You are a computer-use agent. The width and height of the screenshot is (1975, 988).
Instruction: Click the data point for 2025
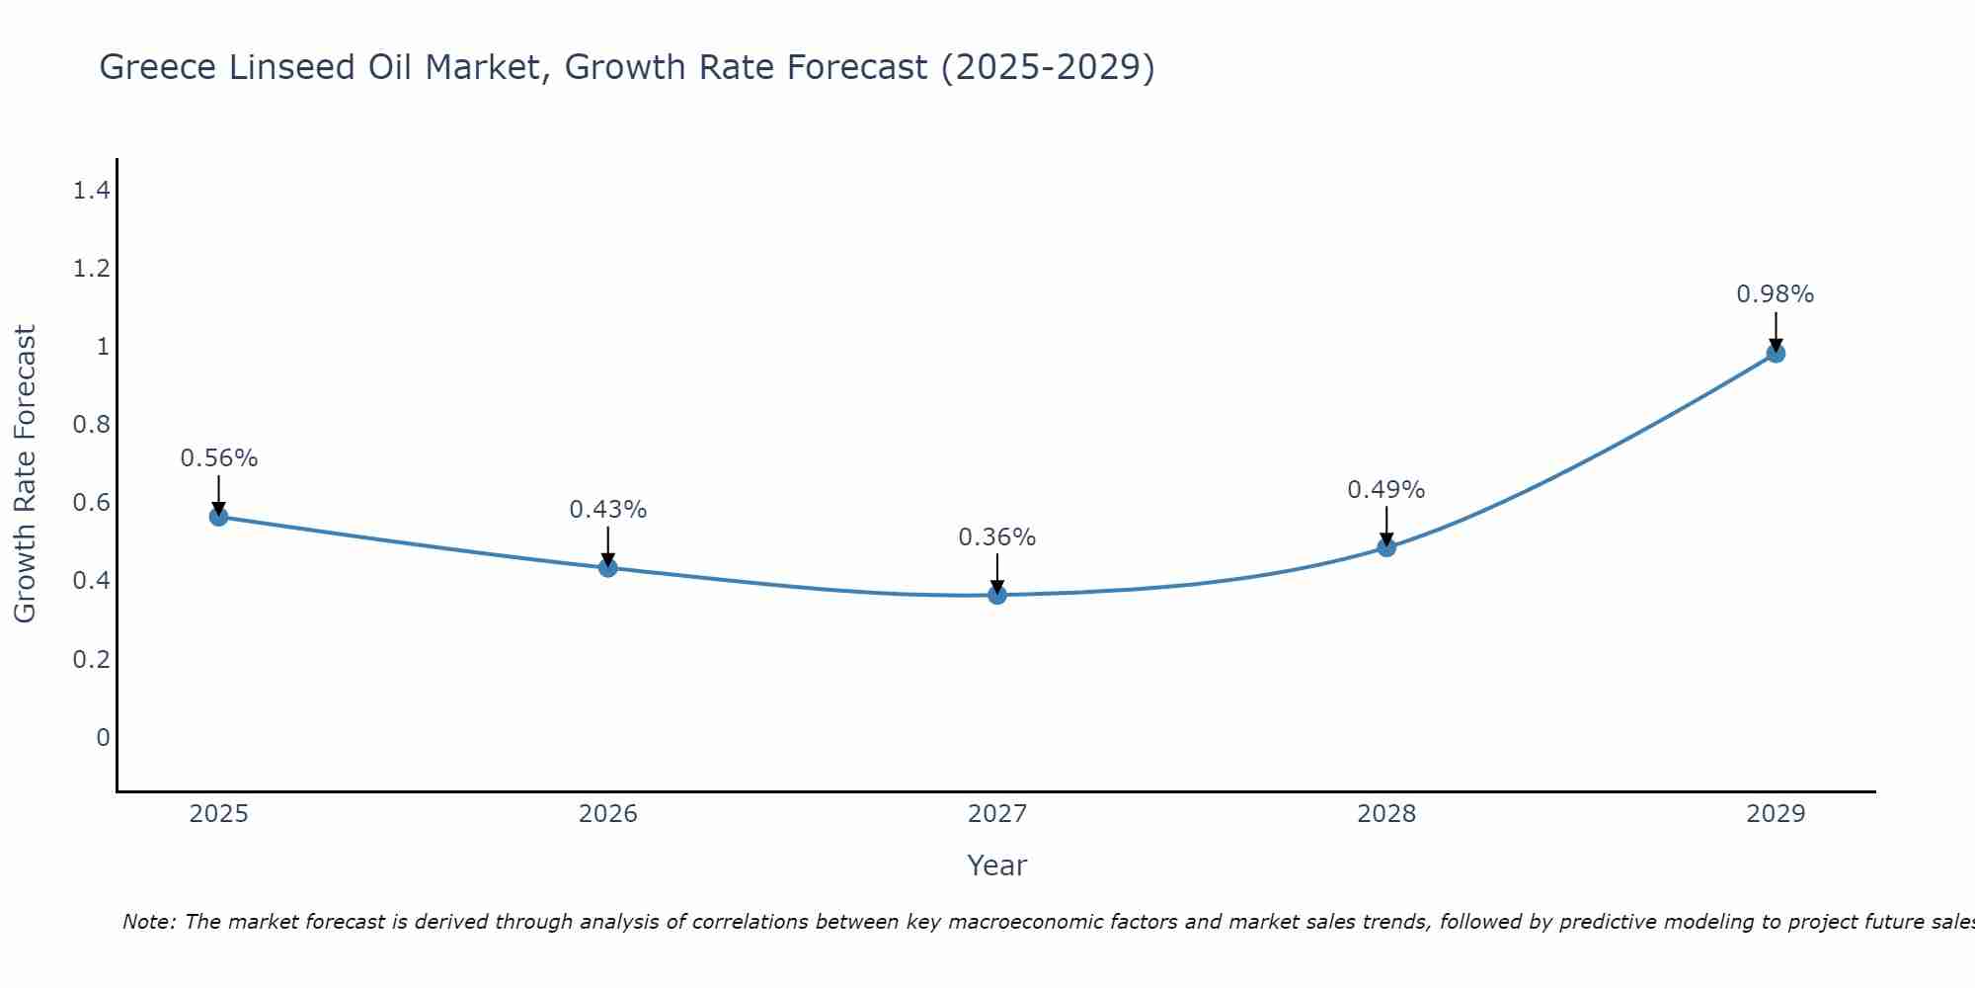(x=219, y=517)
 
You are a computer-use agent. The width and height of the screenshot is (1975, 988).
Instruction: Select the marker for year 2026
(x=608, y=567)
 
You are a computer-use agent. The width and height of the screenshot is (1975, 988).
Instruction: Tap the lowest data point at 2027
(x=997, y=595)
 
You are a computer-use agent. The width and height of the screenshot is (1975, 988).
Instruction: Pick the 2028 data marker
(x=1386, y=546)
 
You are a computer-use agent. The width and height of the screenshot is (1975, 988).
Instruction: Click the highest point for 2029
(x=1776, y=353)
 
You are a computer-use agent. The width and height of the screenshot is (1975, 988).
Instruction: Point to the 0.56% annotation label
(x=219, y=458)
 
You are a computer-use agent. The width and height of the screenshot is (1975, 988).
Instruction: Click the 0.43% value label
(x=608, y=510)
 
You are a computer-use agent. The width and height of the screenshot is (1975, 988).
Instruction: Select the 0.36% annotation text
(x=997, y=537)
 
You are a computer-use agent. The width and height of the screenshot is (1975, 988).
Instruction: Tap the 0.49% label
(x=1386, y=490)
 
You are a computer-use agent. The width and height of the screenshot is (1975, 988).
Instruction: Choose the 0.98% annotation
(x=1776, y=294)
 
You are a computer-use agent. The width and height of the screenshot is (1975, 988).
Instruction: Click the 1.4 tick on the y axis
(x=91, y=191)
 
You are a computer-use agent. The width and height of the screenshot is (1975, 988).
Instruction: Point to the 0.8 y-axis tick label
(x=91, y=425)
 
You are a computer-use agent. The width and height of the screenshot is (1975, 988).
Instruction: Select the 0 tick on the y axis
(x=103, y=737)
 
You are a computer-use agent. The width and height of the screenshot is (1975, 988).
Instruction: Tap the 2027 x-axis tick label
(x=997, y=814)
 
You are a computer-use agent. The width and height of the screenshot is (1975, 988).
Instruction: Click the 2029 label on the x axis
(x=1776, y=814)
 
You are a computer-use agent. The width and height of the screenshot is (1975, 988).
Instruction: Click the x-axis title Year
(x=997, y=865)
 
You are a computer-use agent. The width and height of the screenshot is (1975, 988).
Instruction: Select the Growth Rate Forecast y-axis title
(x=25, y=474)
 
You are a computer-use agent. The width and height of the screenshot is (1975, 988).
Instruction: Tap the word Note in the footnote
(x=148, y=922)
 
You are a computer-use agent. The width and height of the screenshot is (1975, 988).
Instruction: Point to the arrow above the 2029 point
(x=1776, y=330)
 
